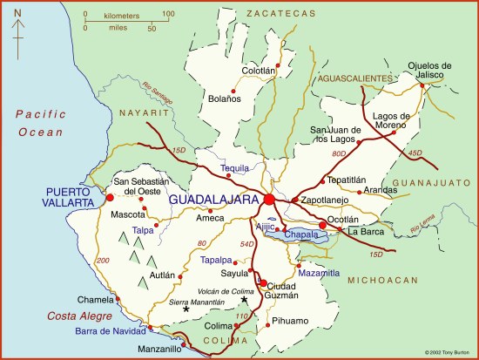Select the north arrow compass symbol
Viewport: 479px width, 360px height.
pyautogui.click(x=17, y=26)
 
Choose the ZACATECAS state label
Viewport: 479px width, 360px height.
pyautogui.click(x=279, y=14)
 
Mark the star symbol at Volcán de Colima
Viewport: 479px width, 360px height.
pyautogui.click(x=244, y=301)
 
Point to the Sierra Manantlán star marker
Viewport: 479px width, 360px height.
pyautogui.click(x=186, y=308)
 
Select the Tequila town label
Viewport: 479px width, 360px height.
pyautogui.click(x=235, y=167)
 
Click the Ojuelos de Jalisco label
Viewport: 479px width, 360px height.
pyautogui.click(x=429, y=71)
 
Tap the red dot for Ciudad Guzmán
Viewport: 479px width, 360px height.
pyautogui.click(x=262, y=282)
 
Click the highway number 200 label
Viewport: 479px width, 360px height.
pyautogui.click(x=105, y=261)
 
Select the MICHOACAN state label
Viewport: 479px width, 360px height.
pyautogui.click(x=382, y=281)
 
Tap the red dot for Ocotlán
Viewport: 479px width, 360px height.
pyautogui.click(x=323, y=226)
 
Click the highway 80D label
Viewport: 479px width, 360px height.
pyautogui.click(x=339, y=154)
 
